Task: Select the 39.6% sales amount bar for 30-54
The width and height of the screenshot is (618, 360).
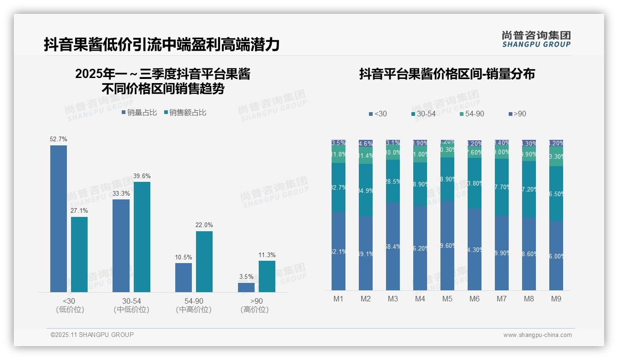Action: pyautogui.click(x=142, y=237)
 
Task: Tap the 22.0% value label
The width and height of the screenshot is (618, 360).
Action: pyautogui.click(x=204, y=225)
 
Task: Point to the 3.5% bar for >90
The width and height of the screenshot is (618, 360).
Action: pyautogui.click(x=246, y=287)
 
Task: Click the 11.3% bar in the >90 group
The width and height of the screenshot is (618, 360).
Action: pyautogui.click(x=267, y=276)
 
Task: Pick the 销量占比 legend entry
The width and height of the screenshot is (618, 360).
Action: pyautogui.click(x=139, y=113)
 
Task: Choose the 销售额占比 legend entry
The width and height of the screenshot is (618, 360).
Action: pyautogui.click(x=185, y=113)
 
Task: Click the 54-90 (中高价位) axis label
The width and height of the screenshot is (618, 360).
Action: pyautogui.click(x=194, y=305)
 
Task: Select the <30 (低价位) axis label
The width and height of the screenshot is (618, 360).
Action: pyautogui.click(x=70, y=305)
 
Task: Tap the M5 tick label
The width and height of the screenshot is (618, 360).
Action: pyautogui.click(x=447, y=299)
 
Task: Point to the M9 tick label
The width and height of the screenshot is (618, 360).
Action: pyautogui.click(x=556, y=299)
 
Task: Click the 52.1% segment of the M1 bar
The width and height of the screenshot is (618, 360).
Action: pyautogui.click(x=339, y=251)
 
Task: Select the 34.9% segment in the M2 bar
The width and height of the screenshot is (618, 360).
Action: pyautogui.click(x=366, y=190)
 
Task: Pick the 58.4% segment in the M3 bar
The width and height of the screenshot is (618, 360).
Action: pyautogui.click(x=393, y=246)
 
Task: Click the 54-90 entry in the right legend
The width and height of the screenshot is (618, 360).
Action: pyautogui.click(x=472, y=114)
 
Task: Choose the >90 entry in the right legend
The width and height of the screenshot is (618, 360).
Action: pyautogui.click(x=517, y=114)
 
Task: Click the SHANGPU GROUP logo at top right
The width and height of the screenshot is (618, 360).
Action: pyautogui.click(x=536, y=39)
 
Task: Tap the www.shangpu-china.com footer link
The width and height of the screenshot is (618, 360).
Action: pyautogui.click(x=537, y=335)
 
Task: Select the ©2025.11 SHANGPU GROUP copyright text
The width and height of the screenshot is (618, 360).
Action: pyautogui.click(x=92, y=335)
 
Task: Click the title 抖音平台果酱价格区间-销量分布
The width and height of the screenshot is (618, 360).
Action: pyautogui.click(x=447, y=74)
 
